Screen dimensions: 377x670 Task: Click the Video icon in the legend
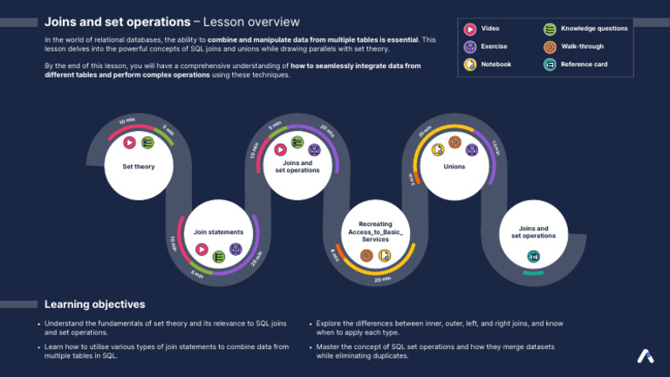470,30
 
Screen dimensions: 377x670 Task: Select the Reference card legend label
584,65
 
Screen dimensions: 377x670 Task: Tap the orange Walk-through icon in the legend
550,47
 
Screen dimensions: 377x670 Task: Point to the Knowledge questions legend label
594,30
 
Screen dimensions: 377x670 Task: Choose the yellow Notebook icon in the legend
470,65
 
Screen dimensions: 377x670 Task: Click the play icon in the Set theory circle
129,143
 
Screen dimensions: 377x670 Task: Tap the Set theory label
139,166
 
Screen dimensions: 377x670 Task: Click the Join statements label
218,232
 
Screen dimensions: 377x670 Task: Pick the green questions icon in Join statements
219,256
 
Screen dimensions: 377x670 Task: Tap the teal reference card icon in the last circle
533,257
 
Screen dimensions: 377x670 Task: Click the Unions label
455,166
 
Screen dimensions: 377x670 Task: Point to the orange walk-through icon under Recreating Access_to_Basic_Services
367,256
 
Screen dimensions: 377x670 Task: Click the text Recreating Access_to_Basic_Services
376,231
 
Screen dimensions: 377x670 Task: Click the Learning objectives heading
95,305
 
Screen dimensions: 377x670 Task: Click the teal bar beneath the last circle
534,274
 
